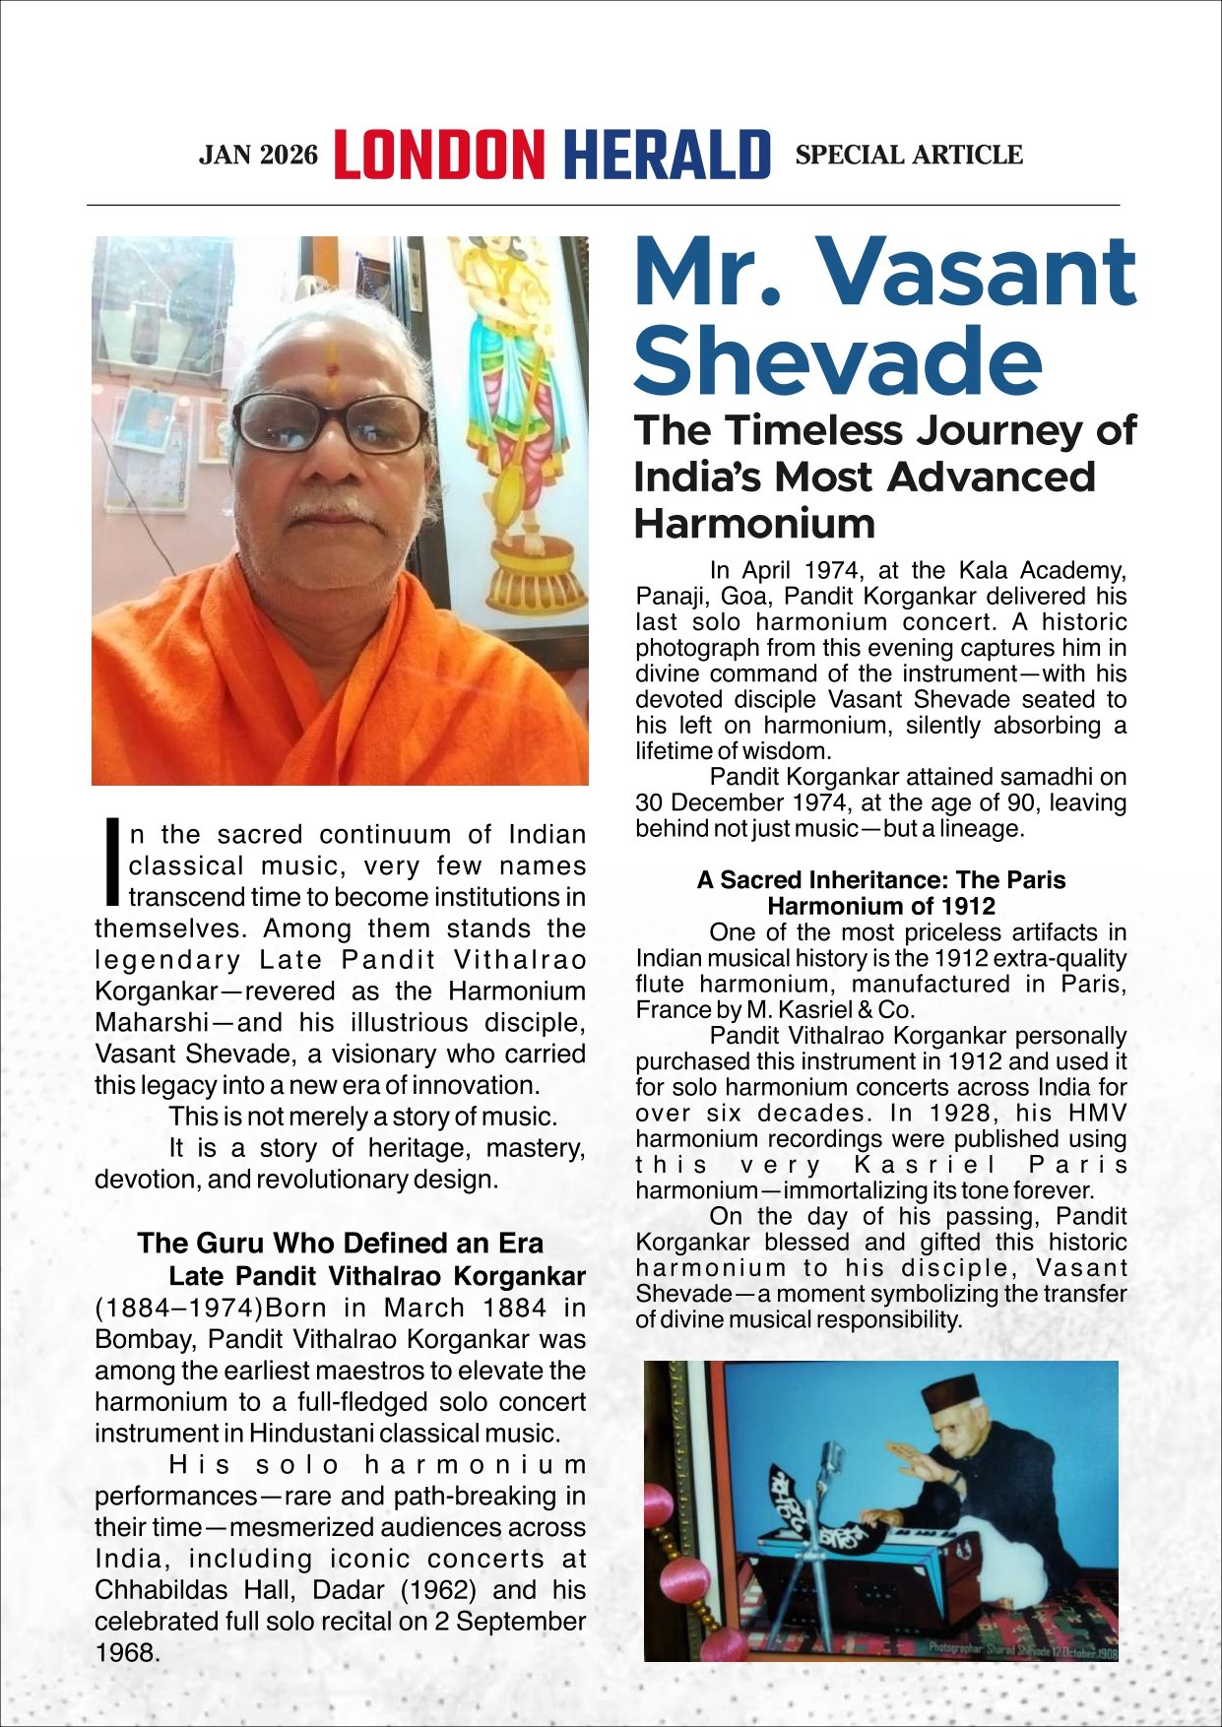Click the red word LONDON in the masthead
[438, 155]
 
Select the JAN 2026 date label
[258, 156]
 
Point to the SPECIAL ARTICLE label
[908, 156]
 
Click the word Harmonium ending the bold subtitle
[754, 523]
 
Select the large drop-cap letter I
[112, 863]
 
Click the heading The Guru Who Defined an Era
[340, 1243]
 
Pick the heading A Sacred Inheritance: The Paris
[880, 879]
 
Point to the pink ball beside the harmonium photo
[659, 1504]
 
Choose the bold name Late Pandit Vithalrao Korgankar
[377, 1276]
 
